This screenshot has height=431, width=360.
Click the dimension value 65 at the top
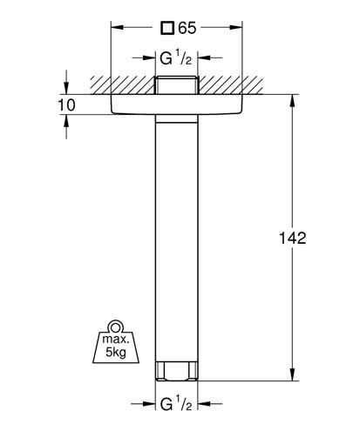point(187,28)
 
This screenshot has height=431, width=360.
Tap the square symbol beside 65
point(167,28)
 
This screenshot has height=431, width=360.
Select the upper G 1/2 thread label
point(176,57)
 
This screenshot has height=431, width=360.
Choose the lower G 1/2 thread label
point(176,404)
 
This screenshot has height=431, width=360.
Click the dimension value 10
point(66,104)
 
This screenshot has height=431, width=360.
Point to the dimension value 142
point(293,238)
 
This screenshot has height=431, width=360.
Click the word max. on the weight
point(115,339)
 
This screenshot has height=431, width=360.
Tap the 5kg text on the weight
point(116,352)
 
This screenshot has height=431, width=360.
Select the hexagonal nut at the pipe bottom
point(176,371)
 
